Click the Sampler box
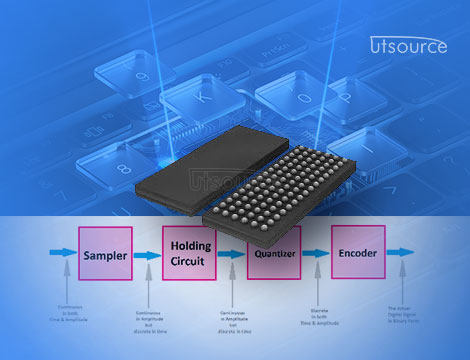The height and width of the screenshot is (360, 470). point(106,256)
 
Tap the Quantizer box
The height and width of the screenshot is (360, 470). point(273,254)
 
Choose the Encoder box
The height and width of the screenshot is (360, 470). point(357,254)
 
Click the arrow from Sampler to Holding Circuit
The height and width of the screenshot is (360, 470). point(146,256)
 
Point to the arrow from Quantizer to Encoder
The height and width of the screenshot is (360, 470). point(316,255)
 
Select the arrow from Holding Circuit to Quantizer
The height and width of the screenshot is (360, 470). point(231,255)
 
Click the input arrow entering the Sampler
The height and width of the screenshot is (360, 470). point(63,256)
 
